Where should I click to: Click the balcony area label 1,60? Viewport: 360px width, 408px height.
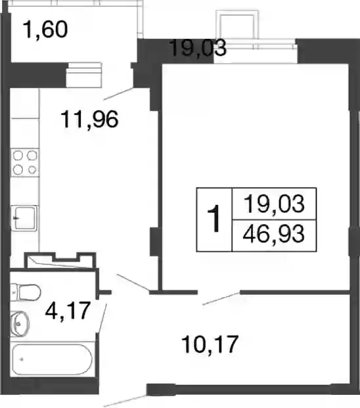[45, 30]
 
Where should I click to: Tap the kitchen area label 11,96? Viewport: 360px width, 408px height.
[89, 119]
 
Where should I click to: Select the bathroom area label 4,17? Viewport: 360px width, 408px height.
[68, 310]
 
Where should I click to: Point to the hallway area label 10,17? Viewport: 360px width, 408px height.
[210, 344]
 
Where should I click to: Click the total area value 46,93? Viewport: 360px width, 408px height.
[274, 234]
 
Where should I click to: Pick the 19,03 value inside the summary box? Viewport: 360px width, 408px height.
[274, 204]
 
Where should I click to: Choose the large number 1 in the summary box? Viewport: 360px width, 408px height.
[214, 219]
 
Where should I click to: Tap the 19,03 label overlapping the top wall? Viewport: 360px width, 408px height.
[198, 48]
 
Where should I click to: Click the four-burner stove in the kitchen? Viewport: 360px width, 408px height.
[25, 163]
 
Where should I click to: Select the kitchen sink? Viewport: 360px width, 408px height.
[24, 218]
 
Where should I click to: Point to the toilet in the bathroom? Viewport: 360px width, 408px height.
[26, 292]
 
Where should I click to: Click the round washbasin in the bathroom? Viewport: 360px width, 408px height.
[20, 323]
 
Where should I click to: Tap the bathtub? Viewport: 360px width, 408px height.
[53, 359]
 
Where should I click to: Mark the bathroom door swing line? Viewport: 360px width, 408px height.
[102, 318]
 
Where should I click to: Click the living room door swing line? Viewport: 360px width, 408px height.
[221, 298]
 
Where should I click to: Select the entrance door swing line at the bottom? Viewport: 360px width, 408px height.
[125, 401]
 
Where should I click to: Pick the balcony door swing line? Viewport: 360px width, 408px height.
[119, 94]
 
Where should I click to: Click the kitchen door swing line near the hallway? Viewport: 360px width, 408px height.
[133, 283]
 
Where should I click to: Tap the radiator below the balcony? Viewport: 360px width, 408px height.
[83, 75]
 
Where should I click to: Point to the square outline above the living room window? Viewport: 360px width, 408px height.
[238, 26]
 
